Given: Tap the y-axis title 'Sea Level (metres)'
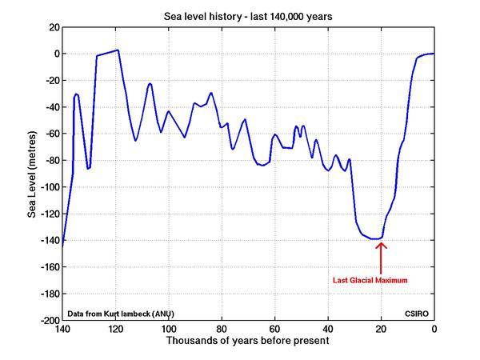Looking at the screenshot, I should (33, 174).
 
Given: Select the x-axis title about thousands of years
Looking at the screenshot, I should (247, 341).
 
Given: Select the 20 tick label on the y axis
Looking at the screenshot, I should (52, 27).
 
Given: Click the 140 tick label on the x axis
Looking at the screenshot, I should (62, 329).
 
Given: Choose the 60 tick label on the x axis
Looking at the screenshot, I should (274, 329).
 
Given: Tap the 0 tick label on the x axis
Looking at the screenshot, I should (434, 329).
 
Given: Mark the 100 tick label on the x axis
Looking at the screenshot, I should (168, 329).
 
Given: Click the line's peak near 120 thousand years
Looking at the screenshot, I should (117, 50).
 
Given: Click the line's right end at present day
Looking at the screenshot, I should (433, 54).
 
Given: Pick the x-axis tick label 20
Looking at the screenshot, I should (381, 329).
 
